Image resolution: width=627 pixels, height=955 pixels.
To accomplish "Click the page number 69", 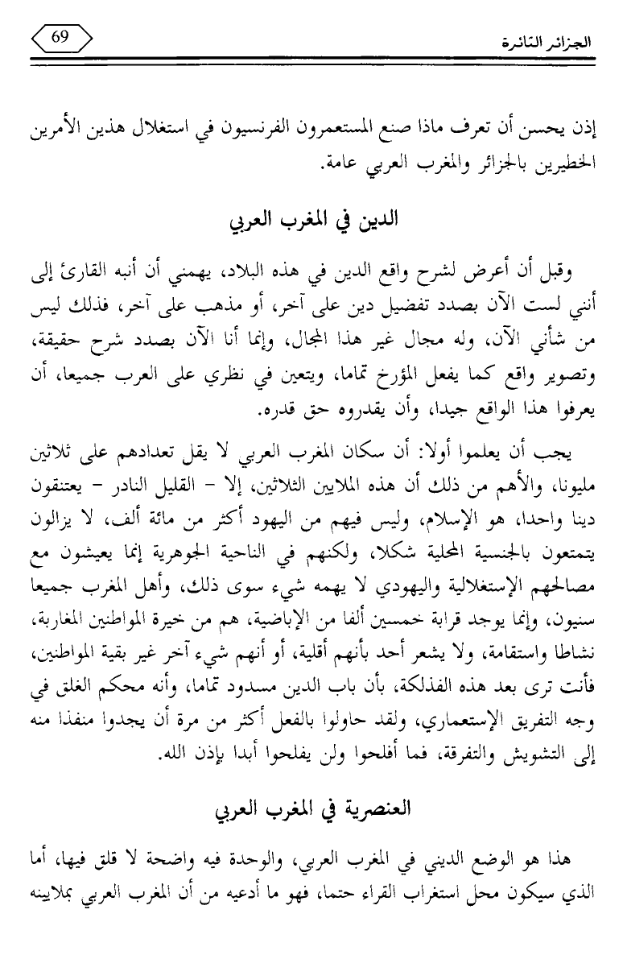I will click(x=61, y=38).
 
